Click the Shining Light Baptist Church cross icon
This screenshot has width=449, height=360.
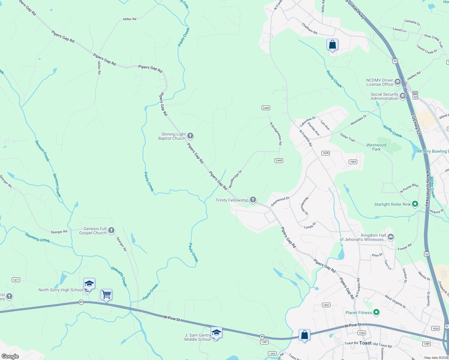point(190,136)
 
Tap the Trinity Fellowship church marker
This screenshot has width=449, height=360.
point(253,200)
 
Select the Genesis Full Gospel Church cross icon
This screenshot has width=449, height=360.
point(111,230)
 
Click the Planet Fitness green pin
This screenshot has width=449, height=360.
point(376,312)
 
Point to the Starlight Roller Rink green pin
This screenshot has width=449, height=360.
point(415,204)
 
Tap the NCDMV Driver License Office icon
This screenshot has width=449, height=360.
point(398,82)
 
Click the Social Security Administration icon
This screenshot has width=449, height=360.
point(403,96)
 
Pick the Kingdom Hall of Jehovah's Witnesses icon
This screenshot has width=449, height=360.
point(390,237)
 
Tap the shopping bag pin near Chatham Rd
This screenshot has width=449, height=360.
point(332,45)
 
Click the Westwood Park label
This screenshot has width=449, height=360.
point(376,147)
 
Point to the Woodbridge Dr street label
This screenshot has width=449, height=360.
point(235,179)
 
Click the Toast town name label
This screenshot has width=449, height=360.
point(365,343)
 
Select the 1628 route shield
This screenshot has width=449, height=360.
point(326,153)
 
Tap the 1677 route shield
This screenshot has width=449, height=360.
point(16,280)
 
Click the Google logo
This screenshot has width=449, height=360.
point(10,356)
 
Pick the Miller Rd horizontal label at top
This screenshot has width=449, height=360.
point(130,19)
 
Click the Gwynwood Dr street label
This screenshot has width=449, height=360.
point(280,201)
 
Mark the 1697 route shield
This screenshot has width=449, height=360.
point(326,305)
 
